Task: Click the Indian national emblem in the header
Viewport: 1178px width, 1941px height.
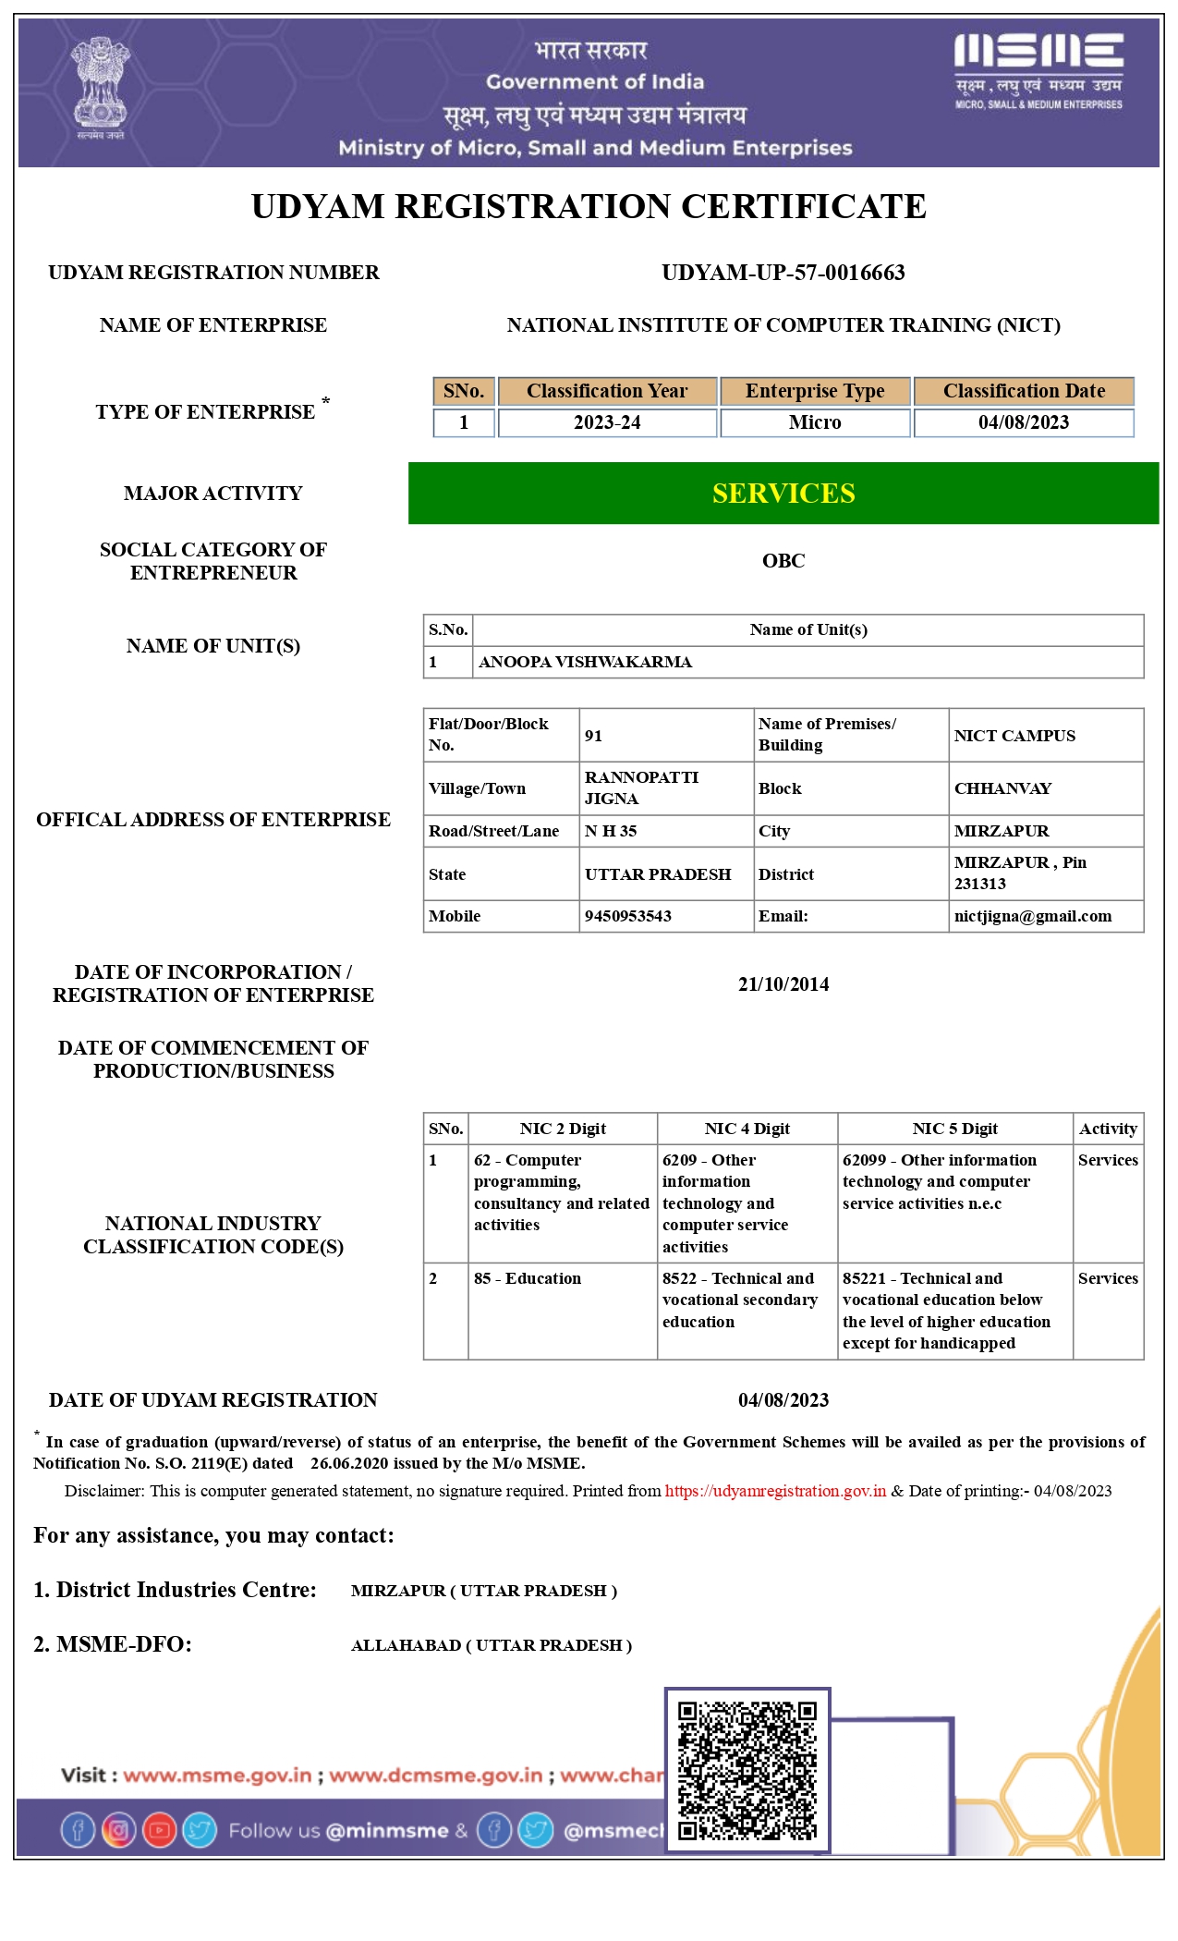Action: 101,87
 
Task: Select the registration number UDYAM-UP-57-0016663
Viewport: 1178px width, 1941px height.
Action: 783,273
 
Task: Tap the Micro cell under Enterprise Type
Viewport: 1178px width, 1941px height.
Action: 815,422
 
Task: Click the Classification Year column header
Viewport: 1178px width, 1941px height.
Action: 607,391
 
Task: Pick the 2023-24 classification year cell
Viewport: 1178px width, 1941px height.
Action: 607,422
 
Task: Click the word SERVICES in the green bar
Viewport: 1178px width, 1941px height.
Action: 783,494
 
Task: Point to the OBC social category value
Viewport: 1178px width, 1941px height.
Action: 783,561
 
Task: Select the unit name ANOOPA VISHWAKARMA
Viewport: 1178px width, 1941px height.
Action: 585,662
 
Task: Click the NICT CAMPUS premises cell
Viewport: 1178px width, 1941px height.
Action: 1014,736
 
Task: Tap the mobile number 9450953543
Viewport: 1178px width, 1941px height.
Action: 628,916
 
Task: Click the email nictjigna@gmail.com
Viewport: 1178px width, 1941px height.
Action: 1033,916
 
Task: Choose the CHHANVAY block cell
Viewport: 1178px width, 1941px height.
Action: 1002,788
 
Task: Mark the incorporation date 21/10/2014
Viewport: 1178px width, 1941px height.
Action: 783,984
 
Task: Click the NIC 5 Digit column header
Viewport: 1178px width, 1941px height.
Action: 955,1129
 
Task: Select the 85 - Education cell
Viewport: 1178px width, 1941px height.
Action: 528,1278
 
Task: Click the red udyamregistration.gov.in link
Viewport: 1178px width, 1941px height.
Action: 775,1491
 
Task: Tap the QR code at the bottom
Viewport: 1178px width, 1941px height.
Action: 747,1770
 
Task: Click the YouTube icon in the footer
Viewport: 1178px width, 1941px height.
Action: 159,1830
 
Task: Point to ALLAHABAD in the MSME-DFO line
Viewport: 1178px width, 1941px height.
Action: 406,1645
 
